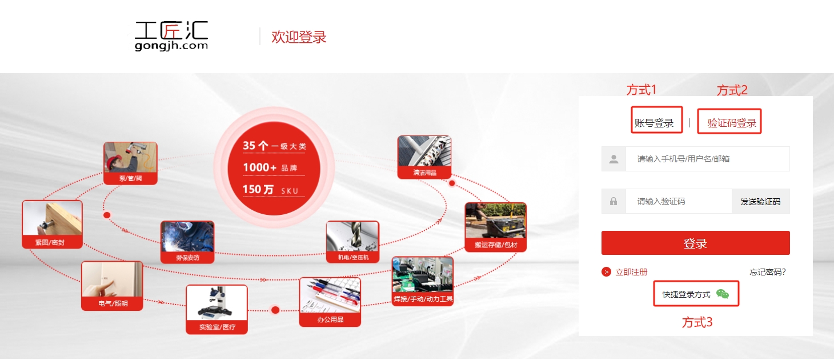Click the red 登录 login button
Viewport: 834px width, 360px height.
click(x=695, y=243)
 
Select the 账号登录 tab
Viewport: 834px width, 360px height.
click(x=654, y=123)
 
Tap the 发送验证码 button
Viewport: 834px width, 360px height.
click(x=760, y=201)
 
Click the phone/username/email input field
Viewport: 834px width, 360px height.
click(x=707, y=159)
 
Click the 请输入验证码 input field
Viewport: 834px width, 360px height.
click(x=679, y=201)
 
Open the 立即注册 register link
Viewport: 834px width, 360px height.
click(x=631, y=272)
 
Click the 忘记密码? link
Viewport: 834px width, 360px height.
click(x=767, y=272)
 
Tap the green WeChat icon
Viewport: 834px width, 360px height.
click(x=722, y=294)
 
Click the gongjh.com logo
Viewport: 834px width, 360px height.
click(x=171, y=36)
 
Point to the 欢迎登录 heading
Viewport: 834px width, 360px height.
click(x=299, y=37)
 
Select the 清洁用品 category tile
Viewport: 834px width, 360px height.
click(x=424, y=157)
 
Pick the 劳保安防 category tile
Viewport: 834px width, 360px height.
click(x=187, y=242)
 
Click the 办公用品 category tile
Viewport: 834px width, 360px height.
click(x=330, y=302)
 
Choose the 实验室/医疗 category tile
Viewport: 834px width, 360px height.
click(x=216, y=309)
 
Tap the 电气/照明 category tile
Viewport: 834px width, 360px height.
click(x=112, y=286)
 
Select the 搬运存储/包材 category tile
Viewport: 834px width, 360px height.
click(x=496, y=227)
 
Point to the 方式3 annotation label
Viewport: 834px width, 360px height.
click(x=697, y=322)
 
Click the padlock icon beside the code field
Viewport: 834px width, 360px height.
click(x=613, y=201)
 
